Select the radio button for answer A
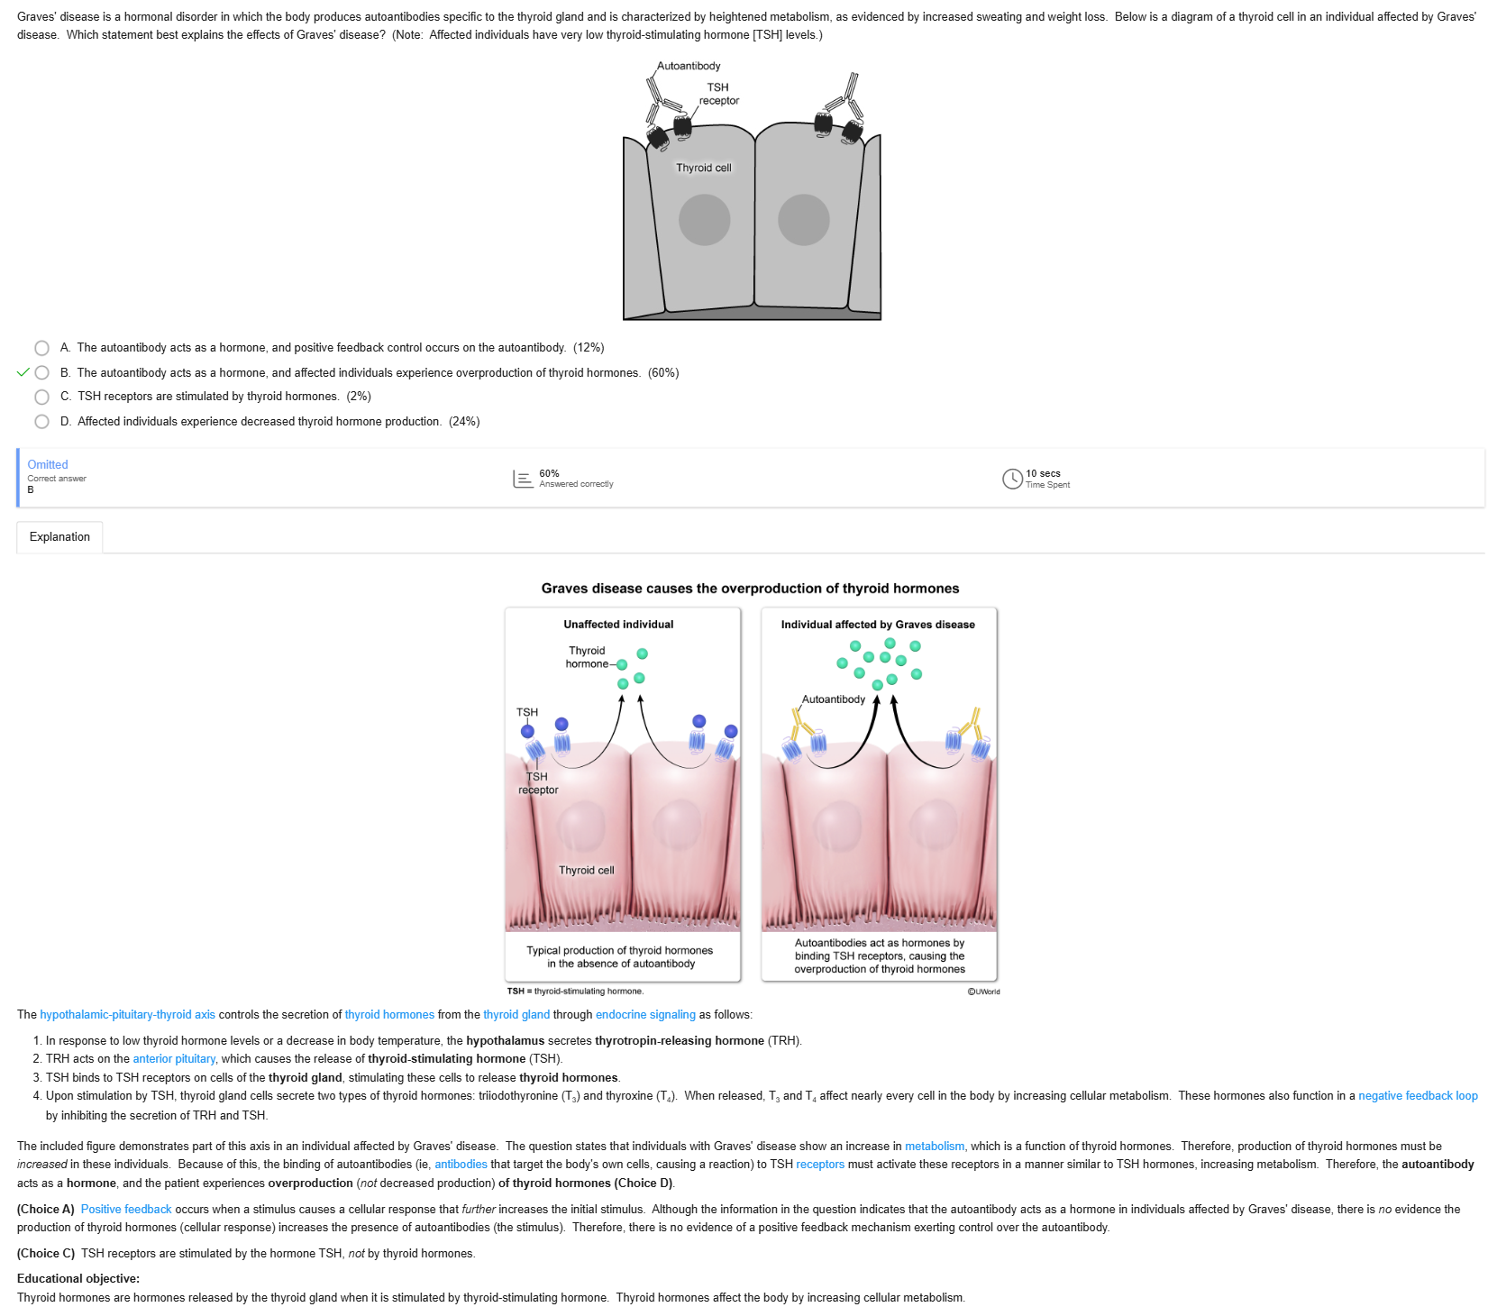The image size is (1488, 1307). (41, 348)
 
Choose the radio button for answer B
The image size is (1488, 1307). (41, 372)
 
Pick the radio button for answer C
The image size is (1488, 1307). (41, 397)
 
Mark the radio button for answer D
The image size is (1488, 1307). (41, 421)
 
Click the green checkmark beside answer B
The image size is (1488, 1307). (23, 372)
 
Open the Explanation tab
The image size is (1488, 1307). (59, 537)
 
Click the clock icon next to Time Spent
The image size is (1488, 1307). (1012, 479)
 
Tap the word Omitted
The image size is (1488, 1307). (48, 465)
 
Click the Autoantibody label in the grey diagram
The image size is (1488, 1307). (689, 66)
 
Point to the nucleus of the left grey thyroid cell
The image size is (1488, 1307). (704, 220)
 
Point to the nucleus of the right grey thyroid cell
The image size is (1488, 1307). (803, 220)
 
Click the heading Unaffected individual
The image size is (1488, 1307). (618, 625)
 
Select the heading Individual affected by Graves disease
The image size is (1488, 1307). (878, 625)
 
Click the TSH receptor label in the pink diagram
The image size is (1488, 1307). (538, 783)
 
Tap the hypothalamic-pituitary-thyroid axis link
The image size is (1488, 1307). (128, 1015)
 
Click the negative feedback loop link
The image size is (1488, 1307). (1418, 1096)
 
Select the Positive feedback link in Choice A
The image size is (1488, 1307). (126, 1210)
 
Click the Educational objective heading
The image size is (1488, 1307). (78, 1279)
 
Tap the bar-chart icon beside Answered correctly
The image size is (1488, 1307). (523, 479)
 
